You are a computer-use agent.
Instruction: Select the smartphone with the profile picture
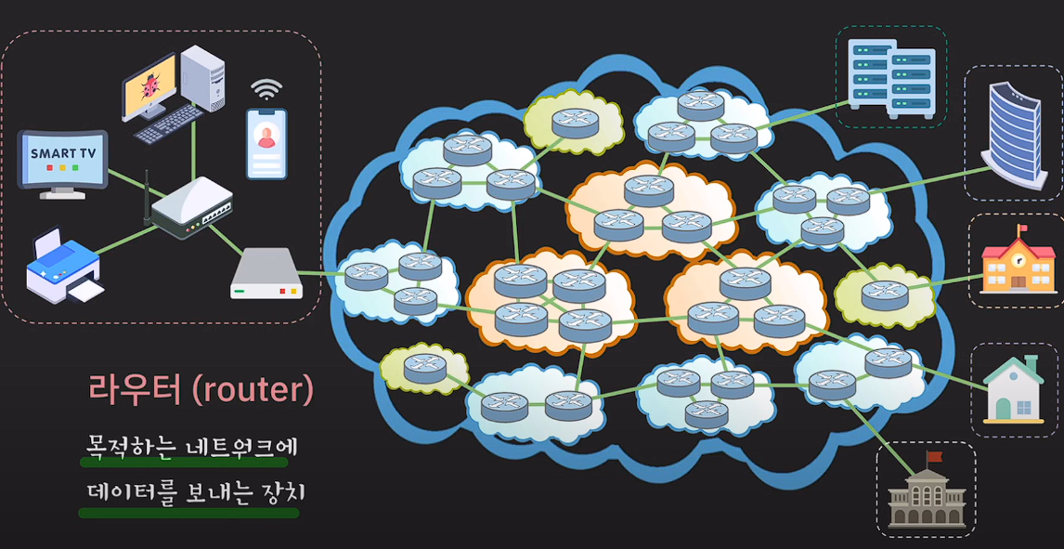coord(266,143)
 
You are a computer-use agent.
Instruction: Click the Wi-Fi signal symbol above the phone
coord(266,90)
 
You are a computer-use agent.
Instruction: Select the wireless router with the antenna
coord(190,210)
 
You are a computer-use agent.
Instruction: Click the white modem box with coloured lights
coord(266,278)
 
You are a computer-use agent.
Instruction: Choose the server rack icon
coord(891,78)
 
